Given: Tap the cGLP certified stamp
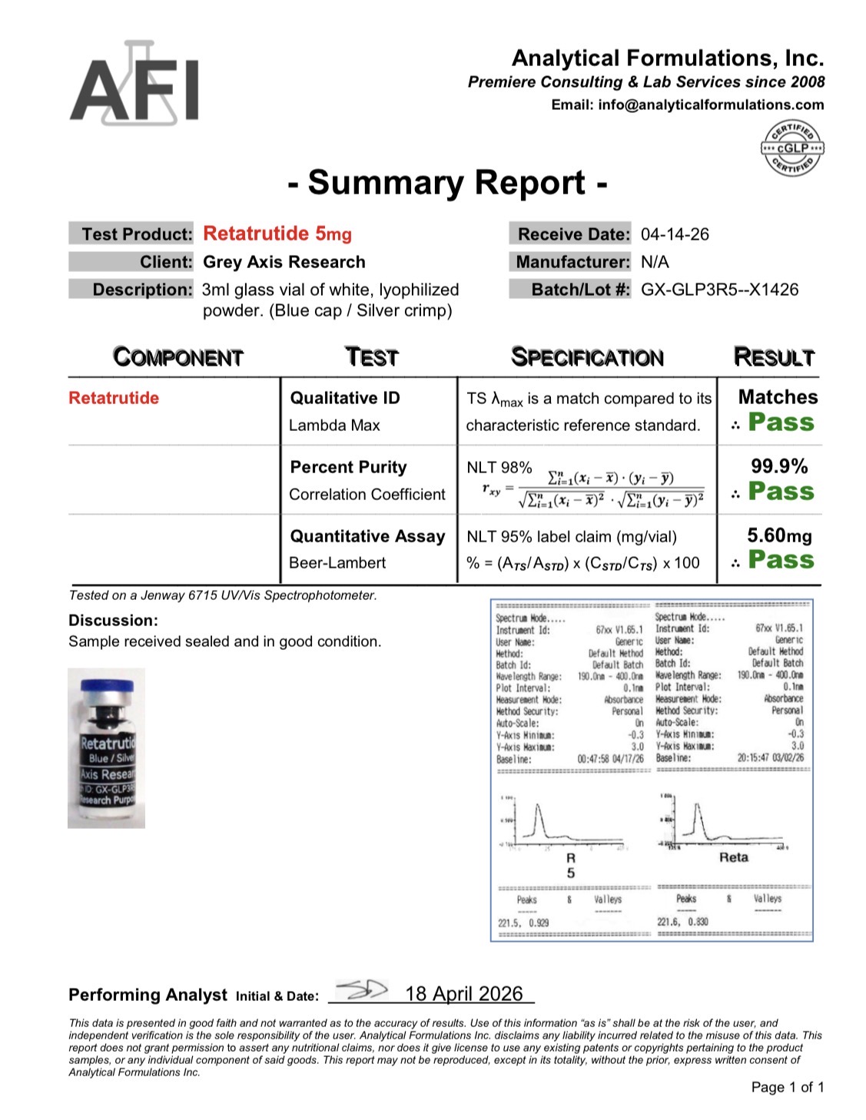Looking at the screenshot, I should pos(791,147).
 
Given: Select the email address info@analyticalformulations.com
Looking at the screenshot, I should pos(711,104).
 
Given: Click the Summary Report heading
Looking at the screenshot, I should pos(448,183).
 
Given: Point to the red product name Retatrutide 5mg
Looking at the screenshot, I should pos(277,234).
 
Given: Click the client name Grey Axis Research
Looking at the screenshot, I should pos(284,262).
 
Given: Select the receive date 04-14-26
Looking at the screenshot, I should pos(675,234).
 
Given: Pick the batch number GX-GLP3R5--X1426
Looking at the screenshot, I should pos(719,290).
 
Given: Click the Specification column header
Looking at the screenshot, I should pos(587,357).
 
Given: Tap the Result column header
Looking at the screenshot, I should pos(773,357).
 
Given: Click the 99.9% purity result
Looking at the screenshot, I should pos(779,466).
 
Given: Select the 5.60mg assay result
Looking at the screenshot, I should pos(779,535).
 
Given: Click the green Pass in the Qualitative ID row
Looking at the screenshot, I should pos(781,422).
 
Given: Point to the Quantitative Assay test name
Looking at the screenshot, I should pos(367,536).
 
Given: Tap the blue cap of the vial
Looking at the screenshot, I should pos(107,684).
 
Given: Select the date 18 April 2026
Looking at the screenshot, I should pos(463,994).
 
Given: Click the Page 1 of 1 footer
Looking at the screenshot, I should pos(787,1087).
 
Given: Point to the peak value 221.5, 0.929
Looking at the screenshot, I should pos(523,923).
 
